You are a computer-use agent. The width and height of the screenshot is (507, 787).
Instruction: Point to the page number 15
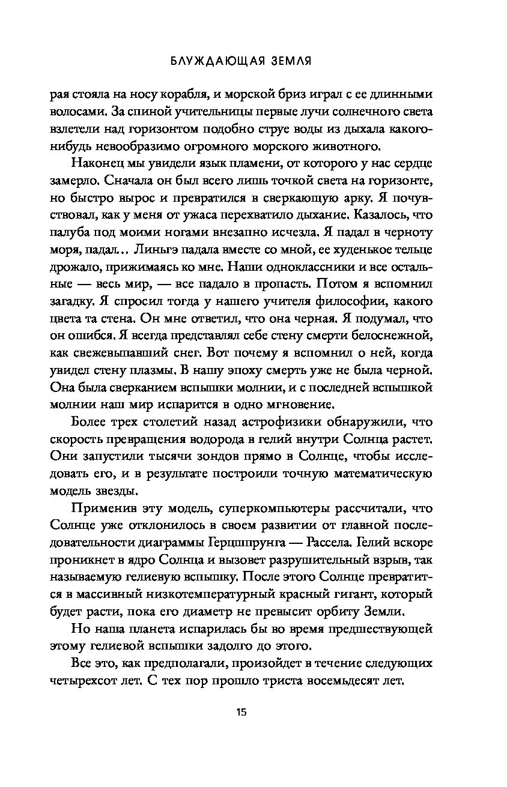click(241, 713)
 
